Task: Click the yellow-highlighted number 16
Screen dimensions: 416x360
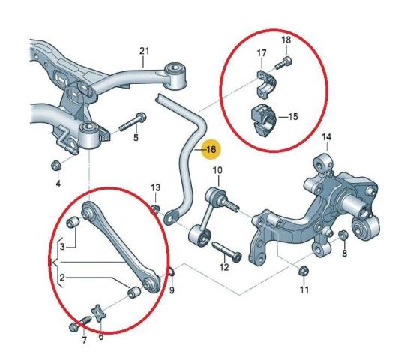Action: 211,149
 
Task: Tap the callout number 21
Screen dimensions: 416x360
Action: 145,51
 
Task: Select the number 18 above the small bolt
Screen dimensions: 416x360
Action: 286,40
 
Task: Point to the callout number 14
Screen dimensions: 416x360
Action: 327,137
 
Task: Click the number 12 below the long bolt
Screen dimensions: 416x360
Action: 224,267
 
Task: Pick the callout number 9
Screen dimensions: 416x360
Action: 172,290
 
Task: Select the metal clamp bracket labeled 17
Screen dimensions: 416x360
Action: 266,83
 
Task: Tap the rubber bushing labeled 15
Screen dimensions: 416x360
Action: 264,120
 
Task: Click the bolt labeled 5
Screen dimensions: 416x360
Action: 133,121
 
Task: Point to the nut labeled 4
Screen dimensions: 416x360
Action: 56,166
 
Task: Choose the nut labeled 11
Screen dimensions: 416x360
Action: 304,271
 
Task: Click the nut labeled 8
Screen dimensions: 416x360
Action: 343,235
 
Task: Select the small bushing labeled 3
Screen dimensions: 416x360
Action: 73,222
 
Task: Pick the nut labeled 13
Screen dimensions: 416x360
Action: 155,209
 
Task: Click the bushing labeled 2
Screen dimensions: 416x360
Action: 134,292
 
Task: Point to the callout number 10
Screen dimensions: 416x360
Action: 217,170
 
